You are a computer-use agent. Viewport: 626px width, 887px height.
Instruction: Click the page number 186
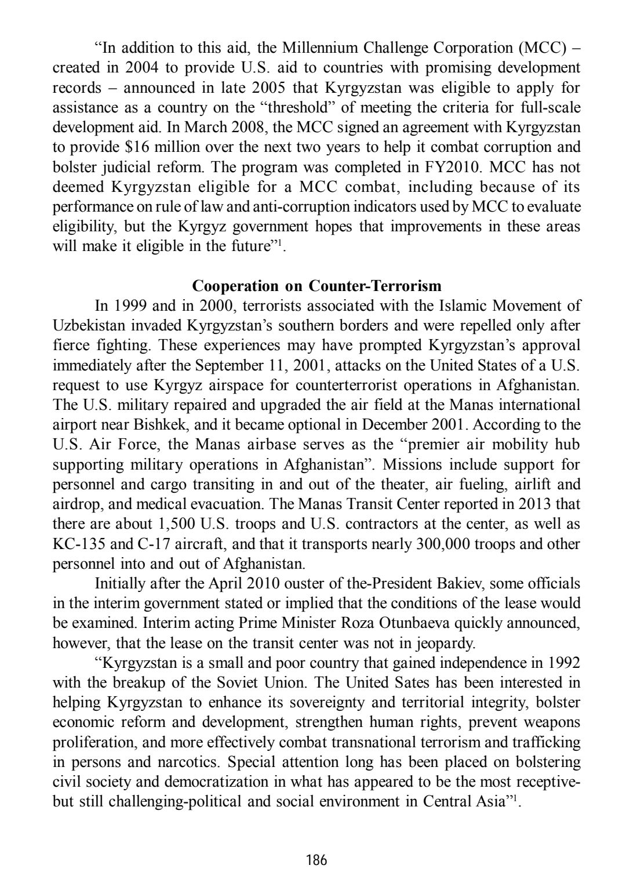point(316,859)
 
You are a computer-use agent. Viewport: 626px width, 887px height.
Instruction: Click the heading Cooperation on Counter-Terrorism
point(316,286)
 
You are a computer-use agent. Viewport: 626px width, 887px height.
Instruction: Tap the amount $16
point(135,147)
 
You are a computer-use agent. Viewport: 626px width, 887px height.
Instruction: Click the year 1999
point(129,306)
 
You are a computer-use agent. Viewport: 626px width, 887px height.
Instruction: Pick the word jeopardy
point(448,642)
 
